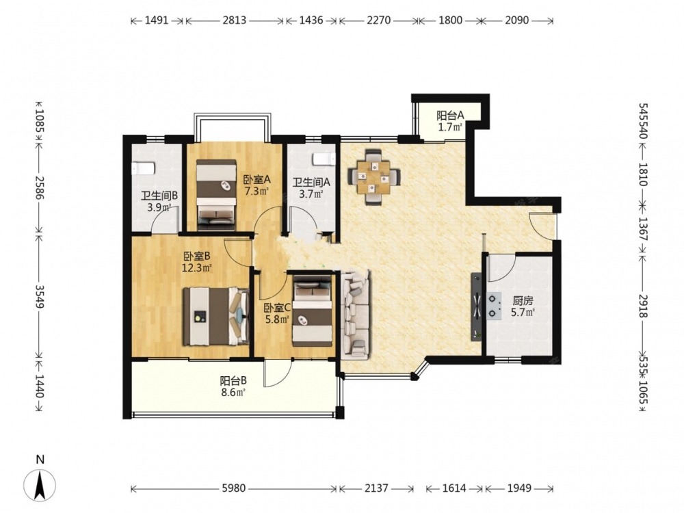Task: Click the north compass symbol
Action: [40, 485]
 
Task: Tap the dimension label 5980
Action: [234, 488]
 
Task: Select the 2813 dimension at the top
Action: [235, 20]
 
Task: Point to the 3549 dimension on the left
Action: [40, 297]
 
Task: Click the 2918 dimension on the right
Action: [644, 305]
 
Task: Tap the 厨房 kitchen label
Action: [523, 301]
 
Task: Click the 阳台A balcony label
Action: [450, 116]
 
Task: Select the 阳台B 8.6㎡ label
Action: [233, 386]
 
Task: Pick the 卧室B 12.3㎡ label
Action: [197, 261]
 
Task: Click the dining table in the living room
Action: [373, 177]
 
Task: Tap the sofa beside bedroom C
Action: [355, 314]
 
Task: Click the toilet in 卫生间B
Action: [143, 168]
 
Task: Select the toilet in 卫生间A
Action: [324, 159]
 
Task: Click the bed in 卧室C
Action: [313, 313]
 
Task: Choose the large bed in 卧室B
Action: [215, 316]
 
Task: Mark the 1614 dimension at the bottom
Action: [454, 488]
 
